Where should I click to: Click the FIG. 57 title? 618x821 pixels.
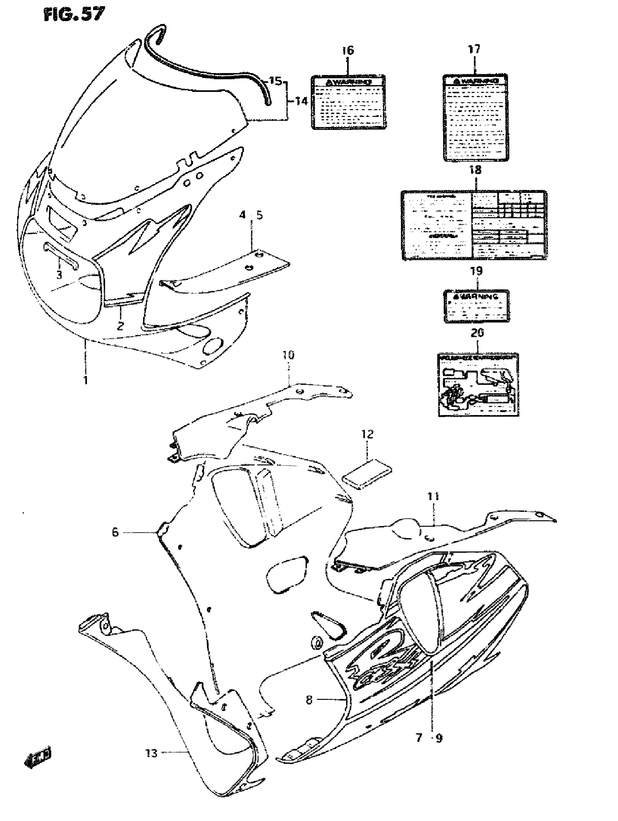(74, 15)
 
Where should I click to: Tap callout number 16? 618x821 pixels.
(348, 50)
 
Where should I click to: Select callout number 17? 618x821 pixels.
(474, 49)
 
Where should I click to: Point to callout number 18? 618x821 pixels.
(475, 170)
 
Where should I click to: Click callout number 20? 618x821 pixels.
(477, 332)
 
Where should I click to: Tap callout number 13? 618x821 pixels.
(151, 753)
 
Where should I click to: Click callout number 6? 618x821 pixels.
(115, 532)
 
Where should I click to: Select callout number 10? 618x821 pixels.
(288, 355)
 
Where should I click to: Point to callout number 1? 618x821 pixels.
(86, 380)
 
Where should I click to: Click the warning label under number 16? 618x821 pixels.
(348, 102)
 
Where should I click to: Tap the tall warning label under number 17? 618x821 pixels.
(475, 117)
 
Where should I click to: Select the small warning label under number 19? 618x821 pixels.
(477, 306)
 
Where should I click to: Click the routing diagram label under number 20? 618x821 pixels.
(478, 385)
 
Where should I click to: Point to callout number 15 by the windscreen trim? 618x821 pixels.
(275, 81)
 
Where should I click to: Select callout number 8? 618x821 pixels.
(309, 700)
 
